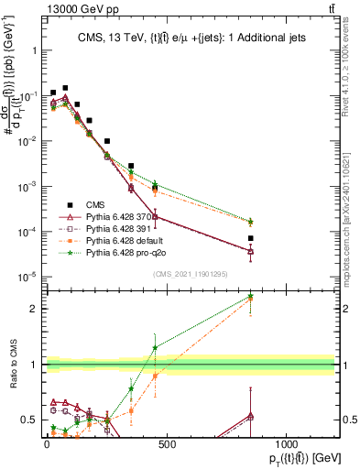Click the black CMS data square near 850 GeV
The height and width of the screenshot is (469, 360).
click(327, 238)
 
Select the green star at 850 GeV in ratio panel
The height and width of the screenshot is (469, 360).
click(327, 297)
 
